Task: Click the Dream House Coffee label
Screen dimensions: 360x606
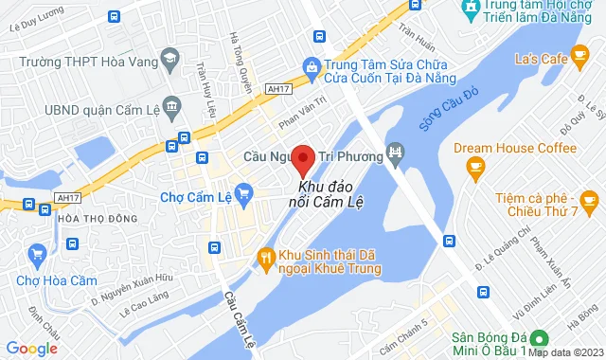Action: (514, 149)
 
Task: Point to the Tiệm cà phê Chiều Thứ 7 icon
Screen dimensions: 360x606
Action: (589, 200)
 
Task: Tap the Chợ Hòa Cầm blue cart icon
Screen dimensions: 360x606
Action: (38, 253)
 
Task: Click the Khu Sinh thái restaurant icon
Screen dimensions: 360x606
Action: (266, 255)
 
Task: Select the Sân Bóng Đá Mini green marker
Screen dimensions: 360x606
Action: (539, 338)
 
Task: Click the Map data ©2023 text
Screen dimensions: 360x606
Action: (565, 352)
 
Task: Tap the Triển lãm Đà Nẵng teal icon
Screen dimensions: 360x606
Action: (469, 9)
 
